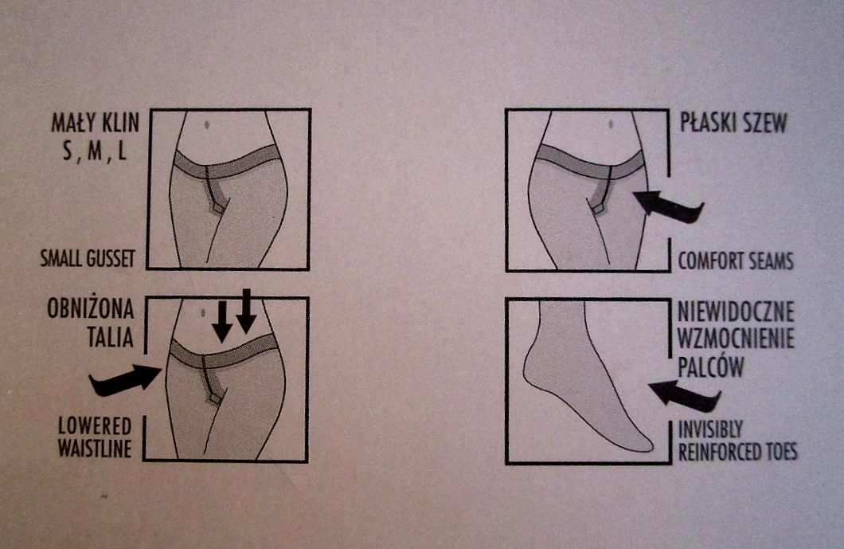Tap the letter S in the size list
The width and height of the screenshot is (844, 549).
[68, 151]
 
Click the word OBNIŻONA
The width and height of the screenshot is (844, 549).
[91, 309]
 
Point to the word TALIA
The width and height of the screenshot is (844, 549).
[111, 338]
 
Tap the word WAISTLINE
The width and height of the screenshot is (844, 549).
[95, 449]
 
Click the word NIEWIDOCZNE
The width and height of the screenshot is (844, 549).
[736, 312]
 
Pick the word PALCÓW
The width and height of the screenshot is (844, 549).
[710, 367]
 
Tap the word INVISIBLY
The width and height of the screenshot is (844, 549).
[710, 429]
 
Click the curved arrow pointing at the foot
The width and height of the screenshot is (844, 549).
[685, 396]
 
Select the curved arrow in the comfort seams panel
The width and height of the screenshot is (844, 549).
[669, 206]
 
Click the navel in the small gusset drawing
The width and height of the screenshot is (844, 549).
[207, 126]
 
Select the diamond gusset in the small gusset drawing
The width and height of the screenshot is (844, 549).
[217, 207]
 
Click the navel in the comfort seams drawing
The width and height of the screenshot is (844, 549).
[611, 124]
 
